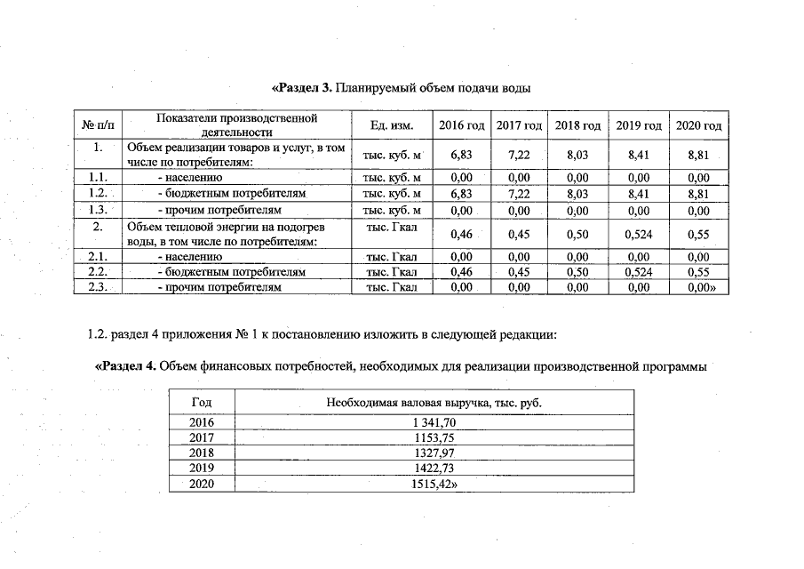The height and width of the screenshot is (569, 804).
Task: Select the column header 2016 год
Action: [x=461, y=126]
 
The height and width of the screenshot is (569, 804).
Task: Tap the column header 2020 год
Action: [x=699, y=126]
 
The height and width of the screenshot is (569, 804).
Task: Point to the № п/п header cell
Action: [x=99, y=126]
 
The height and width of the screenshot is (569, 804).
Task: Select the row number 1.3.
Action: [x=99, y=211]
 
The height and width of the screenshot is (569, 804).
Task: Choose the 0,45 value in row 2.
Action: [x=519, y=235]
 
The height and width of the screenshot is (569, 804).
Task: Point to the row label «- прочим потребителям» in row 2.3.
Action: [x=219, y=288]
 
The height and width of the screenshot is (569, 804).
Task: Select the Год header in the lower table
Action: [x=203, y=403]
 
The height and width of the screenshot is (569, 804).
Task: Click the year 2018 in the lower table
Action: [x=203, y=453]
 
